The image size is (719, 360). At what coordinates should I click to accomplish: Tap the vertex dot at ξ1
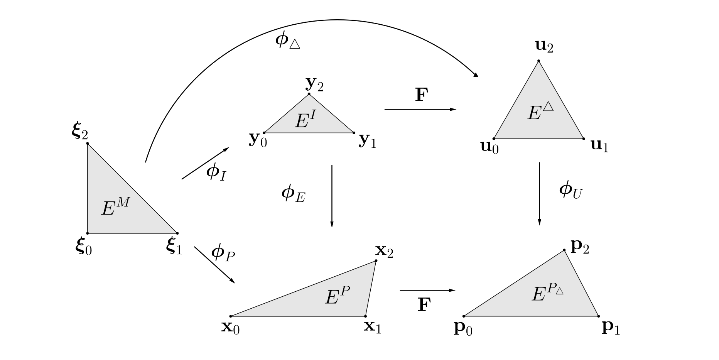point(177,233)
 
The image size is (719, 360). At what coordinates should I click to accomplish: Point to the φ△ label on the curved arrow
point(287,41)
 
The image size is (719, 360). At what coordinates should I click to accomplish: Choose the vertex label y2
point(314,84)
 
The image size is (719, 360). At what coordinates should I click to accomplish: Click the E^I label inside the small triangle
point(305,119)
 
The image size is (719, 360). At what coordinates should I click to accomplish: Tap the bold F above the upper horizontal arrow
point(422,95)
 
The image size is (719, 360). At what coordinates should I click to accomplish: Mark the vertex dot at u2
point(538,61)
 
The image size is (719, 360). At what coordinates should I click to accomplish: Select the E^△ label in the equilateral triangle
point(540,111)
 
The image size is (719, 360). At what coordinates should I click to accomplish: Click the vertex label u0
point(489,147)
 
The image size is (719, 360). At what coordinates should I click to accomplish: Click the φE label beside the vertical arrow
point(293,194)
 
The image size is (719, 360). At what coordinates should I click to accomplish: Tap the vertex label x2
point(384,251)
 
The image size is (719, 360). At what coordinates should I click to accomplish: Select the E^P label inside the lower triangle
point(337,296)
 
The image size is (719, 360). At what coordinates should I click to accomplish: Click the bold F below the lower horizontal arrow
point(424,305)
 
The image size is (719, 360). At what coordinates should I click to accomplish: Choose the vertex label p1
point(611,328)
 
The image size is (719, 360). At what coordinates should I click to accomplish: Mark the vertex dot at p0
point(464,316)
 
